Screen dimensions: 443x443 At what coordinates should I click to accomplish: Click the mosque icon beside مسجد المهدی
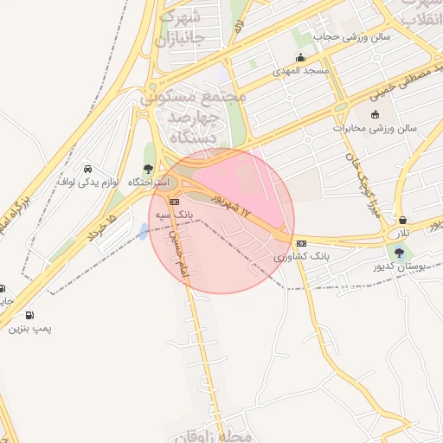(300, 57)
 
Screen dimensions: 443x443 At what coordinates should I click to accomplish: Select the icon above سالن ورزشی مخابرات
(374, 114)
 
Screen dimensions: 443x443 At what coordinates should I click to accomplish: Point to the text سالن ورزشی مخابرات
(376, 128)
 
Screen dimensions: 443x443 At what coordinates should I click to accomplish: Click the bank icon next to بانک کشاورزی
(300, 243)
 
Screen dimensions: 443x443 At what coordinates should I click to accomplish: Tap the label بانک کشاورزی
(302, 257)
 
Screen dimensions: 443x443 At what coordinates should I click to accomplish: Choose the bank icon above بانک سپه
(174, 202)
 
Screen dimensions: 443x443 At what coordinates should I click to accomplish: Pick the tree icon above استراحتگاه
(148, 169)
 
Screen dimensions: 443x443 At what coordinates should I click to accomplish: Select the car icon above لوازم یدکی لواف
(87, 169)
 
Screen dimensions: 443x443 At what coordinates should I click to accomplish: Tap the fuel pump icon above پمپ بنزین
(31, 316)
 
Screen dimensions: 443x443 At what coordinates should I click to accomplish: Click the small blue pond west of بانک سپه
(143, 231)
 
